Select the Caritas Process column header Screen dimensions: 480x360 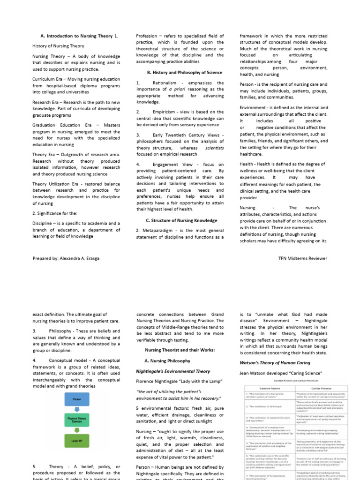click(x=311, y=388)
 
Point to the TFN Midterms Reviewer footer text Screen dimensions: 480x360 click(x=302, y=258)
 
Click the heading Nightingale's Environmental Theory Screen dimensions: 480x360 click(x=173, y=371)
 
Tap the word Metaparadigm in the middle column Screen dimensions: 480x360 click(x=162, y=230)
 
